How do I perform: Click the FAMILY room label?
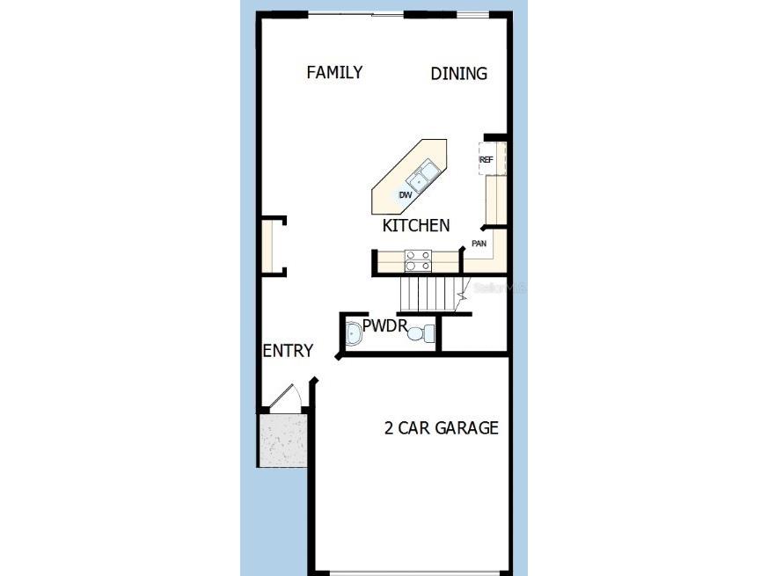334,72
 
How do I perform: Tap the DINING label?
458,74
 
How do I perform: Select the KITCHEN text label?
416,226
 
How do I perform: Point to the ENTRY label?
288,351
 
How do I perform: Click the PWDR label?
384,327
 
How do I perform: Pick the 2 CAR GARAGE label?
442,428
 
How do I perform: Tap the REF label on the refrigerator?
486,161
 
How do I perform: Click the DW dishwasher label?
406,194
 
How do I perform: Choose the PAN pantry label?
479,244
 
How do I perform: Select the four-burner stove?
418,260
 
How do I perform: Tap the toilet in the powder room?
426,333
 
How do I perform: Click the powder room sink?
353,333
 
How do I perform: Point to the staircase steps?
426,291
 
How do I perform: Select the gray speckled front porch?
282,439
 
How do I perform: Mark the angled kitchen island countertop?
410,177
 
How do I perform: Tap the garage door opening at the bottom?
412,571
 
